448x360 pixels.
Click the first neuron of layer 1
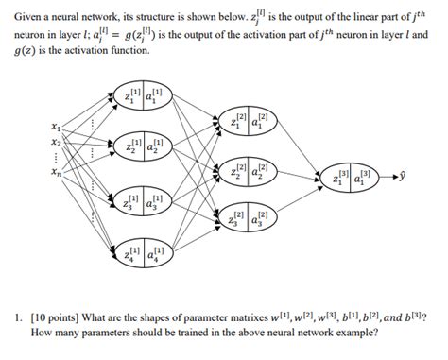click(x=143, y=98)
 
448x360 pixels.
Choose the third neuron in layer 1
click(x=143, y=202)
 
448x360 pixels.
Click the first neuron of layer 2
click(x=249, y=121)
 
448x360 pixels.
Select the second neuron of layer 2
click(x=249, y=173)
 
